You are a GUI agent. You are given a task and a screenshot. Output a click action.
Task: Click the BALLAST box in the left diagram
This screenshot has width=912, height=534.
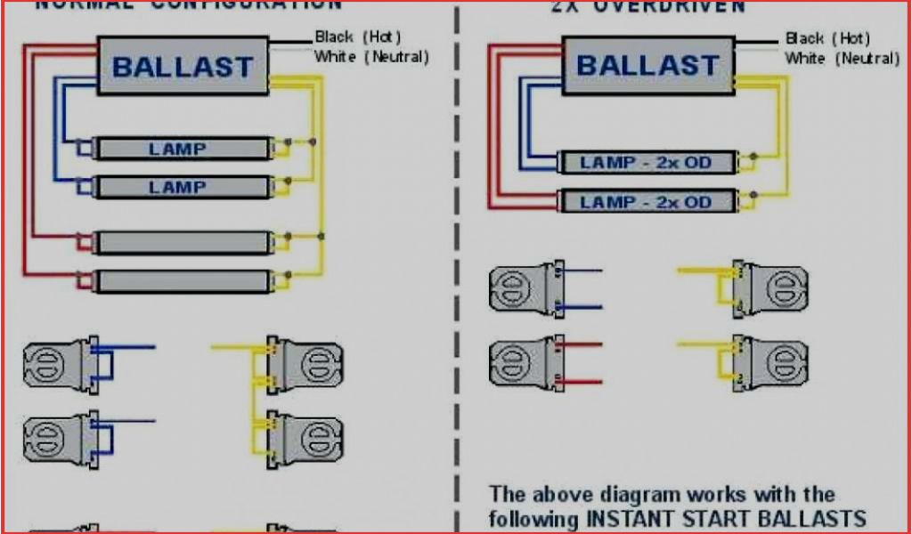(x=183, y=66)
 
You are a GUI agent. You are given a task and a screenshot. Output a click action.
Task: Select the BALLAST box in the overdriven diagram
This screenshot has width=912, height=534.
(x=647, y=65)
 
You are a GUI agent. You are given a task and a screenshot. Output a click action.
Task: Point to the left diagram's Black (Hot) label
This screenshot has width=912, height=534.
(x=358, y=37)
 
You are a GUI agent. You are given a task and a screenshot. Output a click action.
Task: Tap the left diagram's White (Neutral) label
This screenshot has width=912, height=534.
(x=371, y=57)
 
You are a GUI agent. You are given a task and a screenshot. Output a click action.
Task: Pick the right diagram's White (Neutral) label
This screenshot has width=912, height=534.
(x=842, y=58)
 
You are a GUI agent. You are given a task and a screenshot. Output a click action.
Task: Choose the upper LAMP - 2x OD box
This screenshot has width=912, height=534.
(x=647, y=163)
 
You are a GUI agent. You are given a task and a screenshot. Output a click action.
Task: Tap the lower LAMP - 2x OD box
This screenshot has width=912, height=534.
(x=647, y=201)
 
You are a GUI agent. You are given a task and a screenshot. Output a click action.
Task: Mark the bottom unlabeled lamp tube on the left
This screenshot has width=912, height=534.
(x=182, y=281)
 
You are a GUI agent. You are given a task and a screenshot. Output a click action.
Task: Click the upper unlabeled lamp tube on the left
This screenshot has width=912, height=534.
(x=182, y=242)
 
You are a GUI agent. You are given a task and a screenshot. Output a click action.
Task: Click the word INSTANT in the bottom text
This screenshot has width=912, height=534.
(x=631, y=518)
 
